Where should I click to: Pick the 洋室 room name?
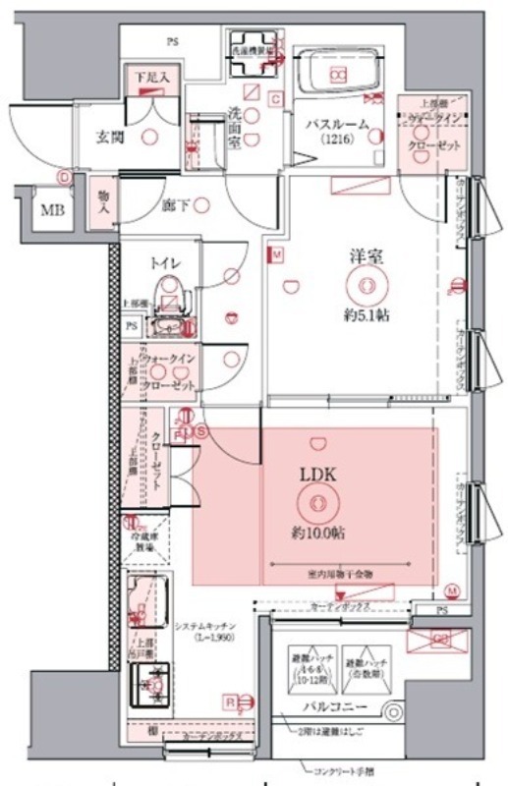367,255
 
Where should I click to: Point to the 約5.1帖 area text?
366,316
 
